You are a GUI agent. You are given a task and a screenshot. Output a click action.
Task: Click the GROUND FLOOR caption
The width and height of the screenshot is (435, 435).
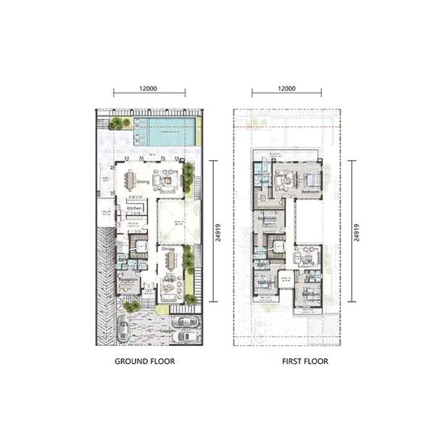145,360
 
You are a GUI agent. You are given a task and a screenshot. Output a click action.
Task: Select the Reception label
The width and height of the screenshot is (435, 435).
129,280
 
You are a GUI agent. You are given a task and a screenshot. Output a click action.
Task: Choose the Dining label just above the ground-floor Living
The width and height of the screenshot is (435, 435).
168,250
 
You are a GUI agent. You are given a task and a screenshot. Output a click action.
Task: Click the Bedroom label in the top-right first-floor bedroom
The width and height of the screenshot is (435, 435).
310,191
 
